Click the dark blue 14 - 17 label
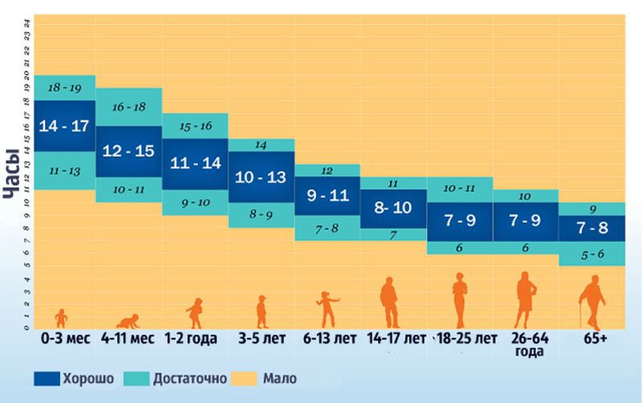pyautogui.click(x=65, y=126)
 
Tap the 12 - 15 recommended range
pyautogui.click(x=128, y=151)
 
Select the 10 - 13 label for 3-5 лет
pyautogui.click(x=262, y=176)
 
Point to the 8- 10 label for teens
pyautogui.click(x=393, y=207)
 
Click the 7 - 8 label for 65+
pyautogui.click(x=592, y=227)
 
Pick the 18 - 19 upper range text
pyautogui.click(x=64, y=87)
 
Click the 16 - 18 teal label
pyautogui.click(x=128, y=107)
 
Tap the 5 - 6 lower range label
pyautogui.click(x=592, y=253)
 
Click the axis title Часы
pyautogui.click(x=12, y=177)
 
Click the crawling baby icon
pyautogui.click(x=128, y=320)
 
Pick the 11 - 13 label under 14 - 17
pyautogui.click(x=64, y=171)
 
